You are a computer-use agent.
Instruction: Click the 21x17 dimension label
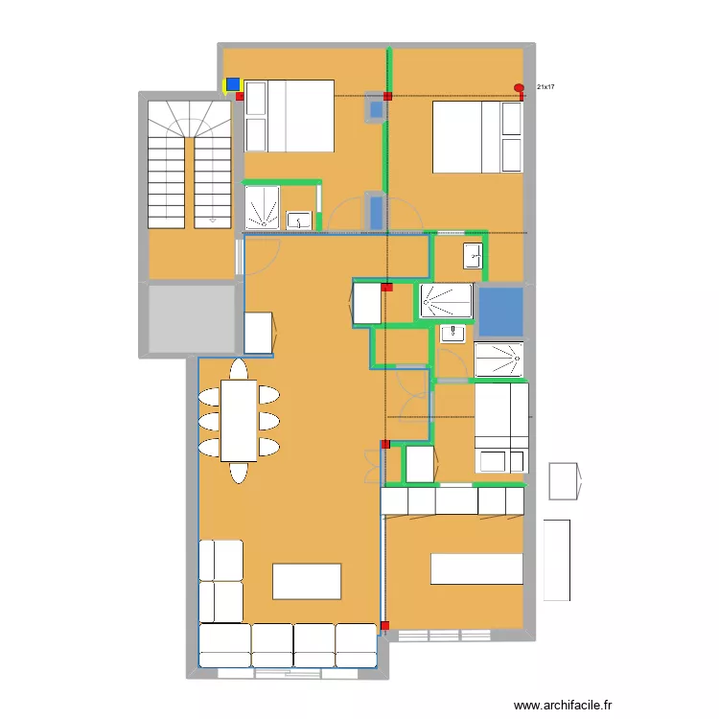click(x=545, y=87)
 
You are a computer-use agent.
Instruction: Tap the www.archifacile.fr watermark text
click(x=563, y=704)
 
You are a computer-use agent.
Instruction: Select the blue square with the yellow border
click(x=232, y=84)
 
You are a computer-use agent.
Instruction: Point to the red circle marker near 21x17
click(x=520, y=89)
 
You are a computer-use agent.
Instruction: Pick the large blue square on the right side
click(x=500, y=311)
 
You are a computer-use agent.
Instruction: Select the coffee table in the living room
click(x=307, y=581)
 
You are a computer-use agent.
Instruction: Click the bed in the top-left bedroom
click(x=289, y=115)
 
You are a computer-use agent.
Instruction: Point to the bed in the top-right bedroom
click(x=477, y=137)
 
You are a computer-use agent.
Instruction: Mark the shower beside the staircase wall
click(x=262, y=208)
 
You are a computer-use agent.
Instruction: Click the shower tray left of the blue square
click(x=447, y=301)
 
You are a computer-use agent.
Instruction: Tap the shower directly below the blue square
click(x=499, y=359)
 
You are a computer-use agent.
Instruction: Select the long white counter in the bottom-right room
click(x=476, y=568)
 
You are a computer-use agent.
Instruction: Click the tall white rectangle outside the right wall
click(x=556, y=560)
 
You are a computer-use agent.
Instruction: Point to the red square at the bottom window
click(x=385, y=626)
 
